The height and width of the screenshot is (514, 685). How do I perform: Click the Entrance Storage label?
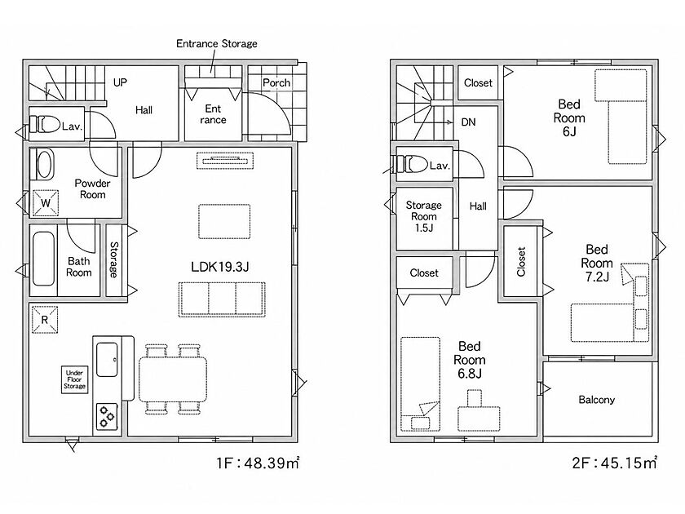tap(217, 44)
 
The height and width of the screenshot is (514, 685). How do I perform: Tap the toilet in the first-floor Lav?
tap(45, 124)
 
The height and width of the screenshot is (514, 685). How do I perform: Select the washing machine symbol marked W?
tap(46, 203)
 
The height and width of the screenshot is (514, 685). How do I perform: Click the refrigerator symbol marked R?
tap(45, 320)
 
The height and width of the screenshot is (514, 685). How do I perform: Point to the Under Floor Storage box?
tap(74, 379)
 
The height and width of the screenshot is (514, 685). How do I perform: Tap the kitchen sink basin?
tap(107, 359)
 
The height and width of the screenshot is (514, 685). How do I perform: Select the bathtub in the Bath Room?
tap(44, 259)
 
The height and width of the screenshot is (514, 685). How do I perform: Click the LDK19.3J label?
tap(219, 267)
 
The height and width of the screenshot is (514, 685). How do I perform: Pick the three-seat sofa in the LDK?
tap(222, 299)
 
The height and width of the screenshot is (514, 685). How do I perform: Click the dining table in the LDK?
tap(173, 379)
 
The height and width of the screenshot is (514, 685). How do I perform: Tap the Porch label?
tap(276, 82)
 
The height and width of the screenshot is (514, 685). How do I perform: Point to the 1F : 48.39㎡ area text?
tap(258, 463)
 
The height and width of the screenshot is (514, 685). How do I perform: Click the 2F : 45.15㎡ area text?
tap(614, 463)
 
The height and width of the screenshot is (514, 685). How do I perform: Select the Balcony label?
tap(596, 400)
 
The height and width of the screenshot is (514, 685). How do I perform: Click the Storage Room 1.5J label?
tap(424, 216)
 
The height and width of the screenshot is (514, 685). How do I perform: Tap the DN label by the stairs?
tap(468, 122)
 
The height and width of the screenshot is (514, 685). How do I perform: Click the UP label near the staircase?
tap(120, 82)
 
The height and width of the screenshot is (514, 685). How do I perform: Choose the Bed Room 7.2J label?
tap(597, 263)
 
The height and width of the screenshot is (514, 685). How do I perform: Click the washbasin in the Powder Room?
tap(45, 164)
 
